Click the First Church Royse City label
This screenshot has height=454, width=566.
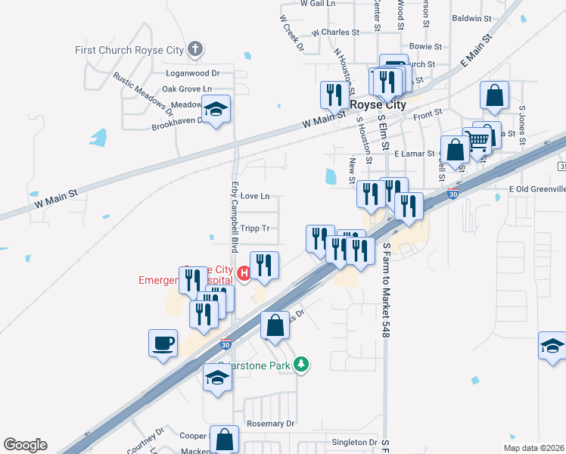129,50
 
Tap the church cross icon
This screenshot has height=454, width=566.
195,50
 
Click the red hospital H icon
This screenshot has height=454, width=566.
244,273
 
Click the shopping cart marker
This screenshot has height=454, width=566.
477,140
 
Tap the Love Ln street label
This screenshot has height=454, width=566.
254,197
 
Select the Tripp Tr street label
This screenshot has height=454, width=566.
254,228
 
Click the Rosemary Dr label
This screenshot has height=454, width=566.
270,424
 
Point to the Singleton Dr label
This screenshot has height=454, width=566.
354,442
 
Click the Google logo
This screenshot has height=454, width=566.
25,445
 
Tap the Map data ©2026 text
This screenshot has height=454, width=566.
533,448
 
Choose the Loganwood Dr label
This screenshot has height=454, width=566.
192,73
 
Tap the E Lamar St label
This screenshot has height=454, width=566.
416,154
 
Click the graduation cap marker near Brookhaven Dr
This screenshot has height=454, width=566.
216,111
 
